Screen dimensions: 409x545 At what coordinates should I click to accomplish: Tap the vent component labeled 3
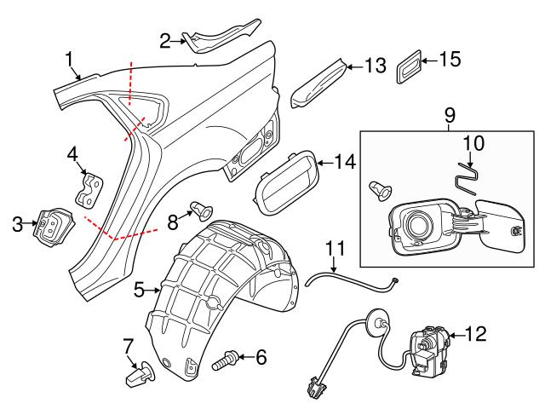[49, 226]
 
